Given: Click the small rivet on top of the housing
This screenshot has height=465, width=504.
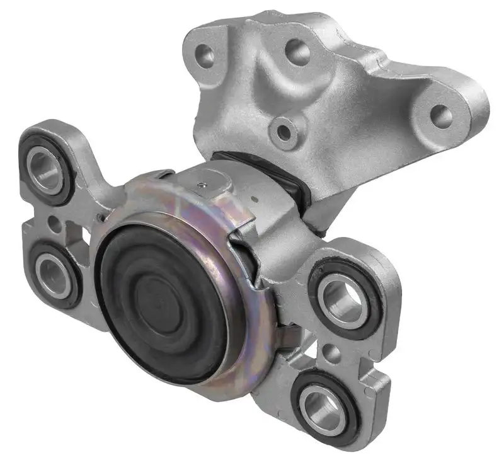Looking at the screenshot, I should click(x=200, y=184).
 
